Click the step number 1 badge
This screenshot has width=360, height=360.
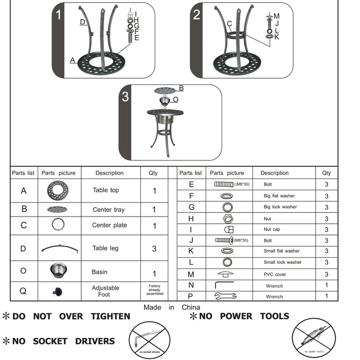(x=59, y=14)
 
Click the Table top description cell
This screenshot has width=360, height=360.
(x=106, y=190)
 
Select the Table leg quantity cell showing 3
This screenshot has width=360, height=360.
(x=154, y=248)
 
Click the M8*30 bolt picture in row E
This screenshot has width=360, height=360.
(x=224, y=184)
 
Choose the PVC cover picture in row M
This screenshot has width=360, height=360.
(x=226, y=274)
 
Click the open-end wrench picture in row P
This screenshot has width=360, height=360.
(x=224, y=296)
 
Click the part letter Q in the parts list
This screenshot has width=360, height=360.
(x=23, y=291)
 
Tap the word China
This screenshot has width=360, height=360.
(x=190, y=307)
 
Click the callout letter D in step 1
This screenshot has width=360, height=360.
(x=82, y=22)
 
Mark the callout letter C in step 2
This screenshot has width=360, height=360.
(x=229, y=24)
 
